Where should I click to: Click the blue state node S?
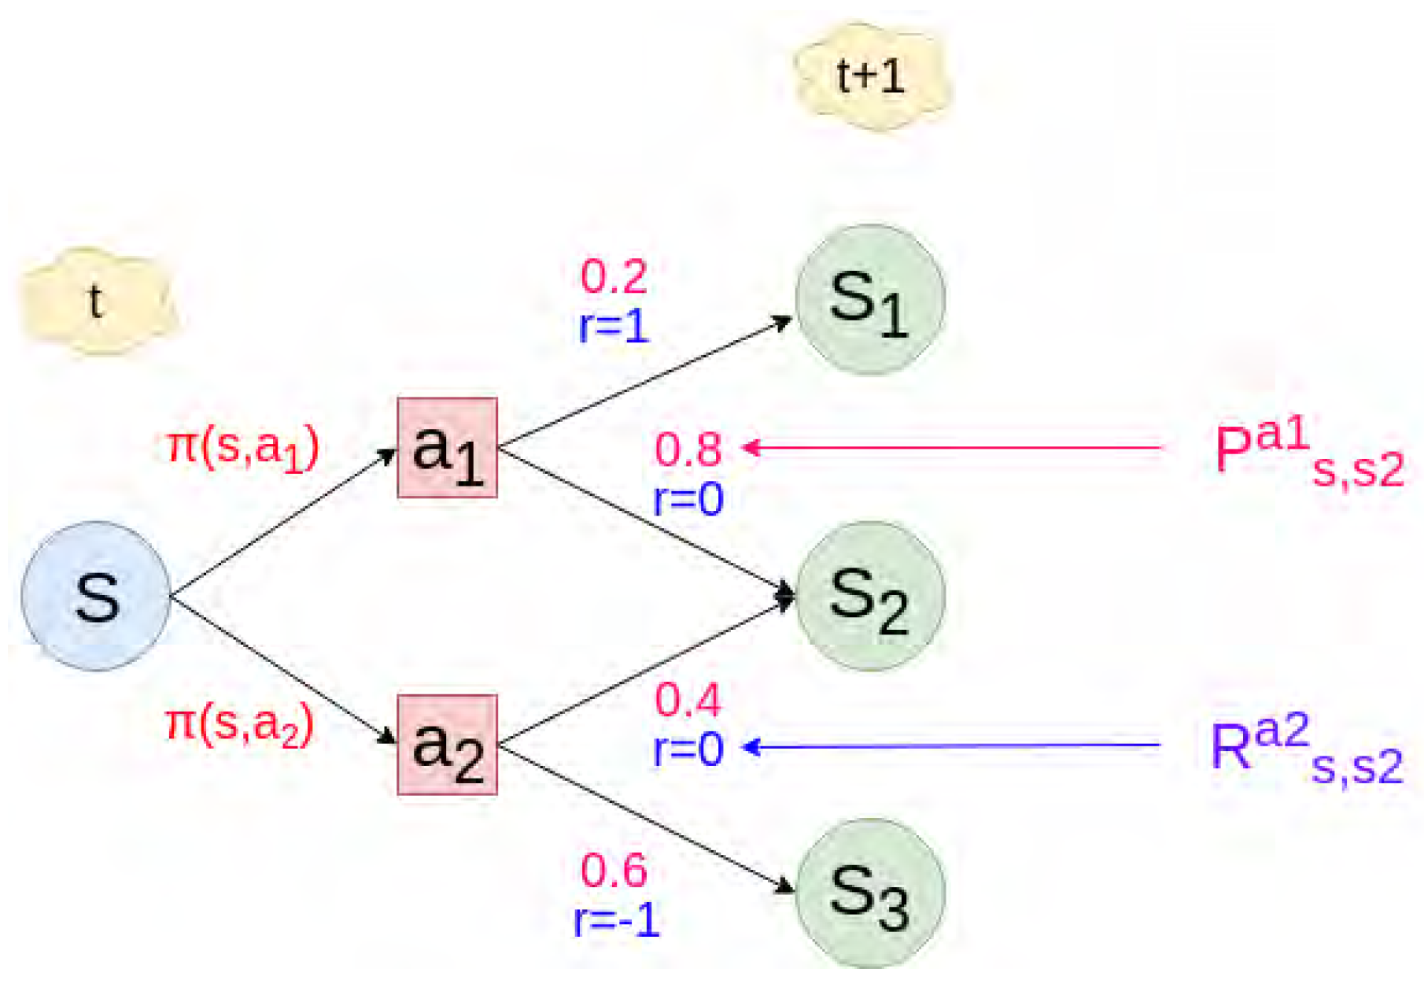(x=96, y=596)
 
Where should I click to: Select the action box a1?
(x=447, y=448)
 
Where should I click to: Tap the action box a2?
(x=447, y=745)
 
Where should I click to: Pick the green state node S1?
(x=870, y=299)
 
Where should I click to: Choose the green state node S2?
(x=870, y=596)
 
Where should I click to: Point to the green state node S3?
(x=870, y=893)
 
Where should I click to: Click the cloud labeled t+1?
(x=872, y=77)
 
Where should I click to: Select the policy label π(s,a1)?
(x=243, y=449)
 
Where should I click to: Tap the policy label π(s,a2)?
(x=240, y=724)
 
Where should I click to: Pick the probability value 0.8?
(x=688, y=449)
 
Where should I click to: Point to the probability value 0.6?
(x=614, y=871)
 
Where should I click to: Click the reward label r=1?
(x=614, y=326)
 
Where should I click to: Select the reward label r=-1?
(x=617, y=919)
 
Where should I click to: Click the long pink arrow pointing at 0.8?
(x=952, y=448)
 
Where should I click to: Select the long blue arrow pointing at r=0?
(x=952, y=745)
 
